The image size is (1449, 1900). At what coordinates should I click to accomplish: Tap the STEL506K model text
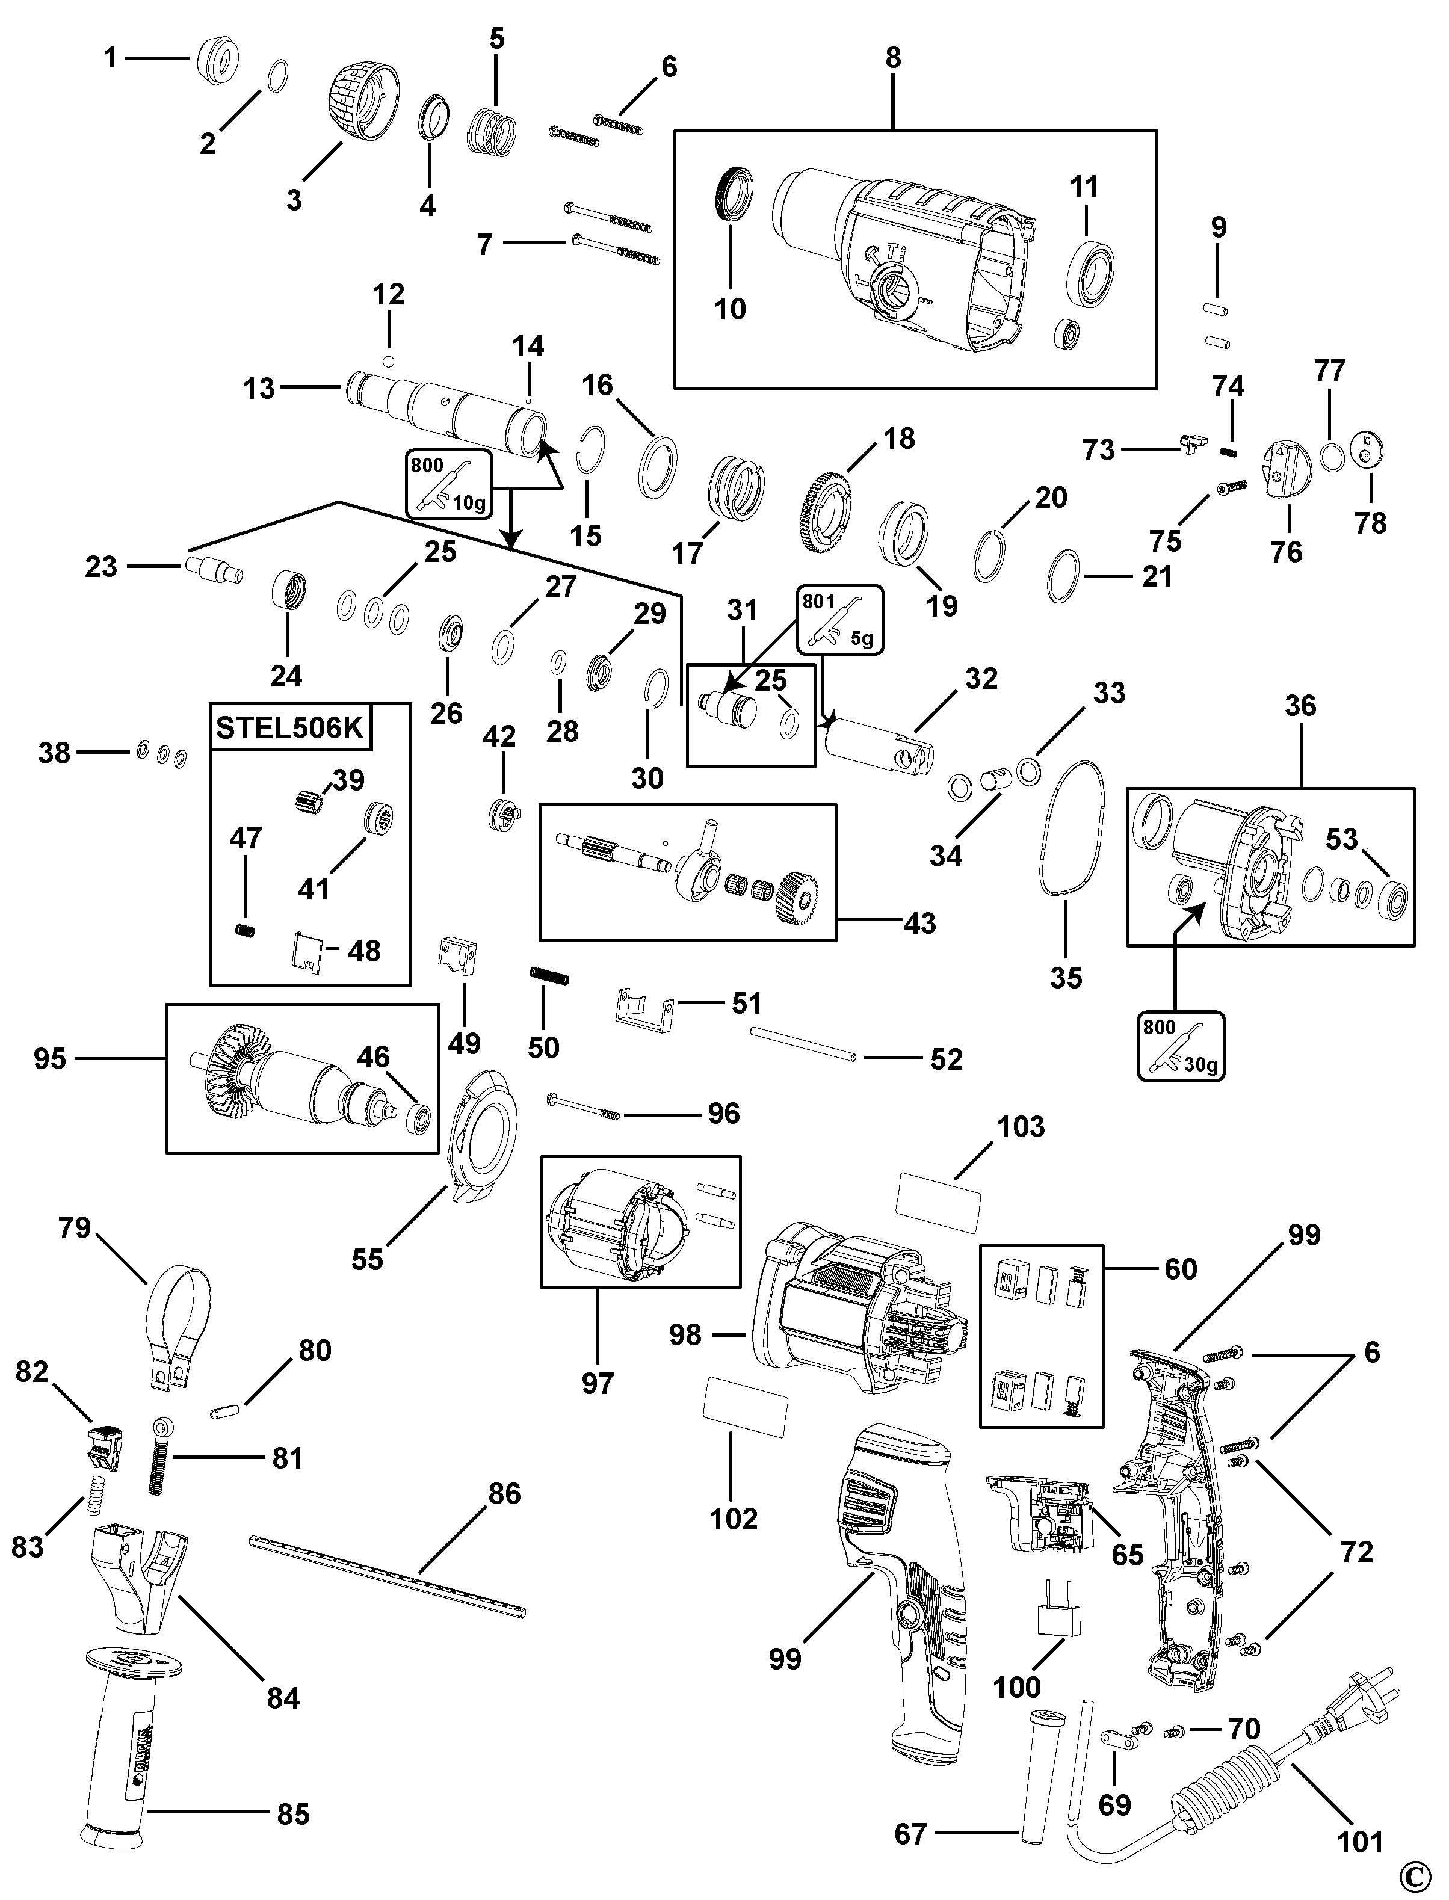click(290, 727)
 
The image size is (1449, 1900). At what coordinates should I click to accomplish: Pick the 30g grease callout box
click(1181, 1044)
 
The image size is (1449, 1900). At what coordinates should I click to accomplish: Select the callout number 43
click(919, 923)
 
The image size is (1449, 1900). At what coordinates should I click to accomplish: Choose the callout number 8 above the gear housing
click(893, 58)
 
